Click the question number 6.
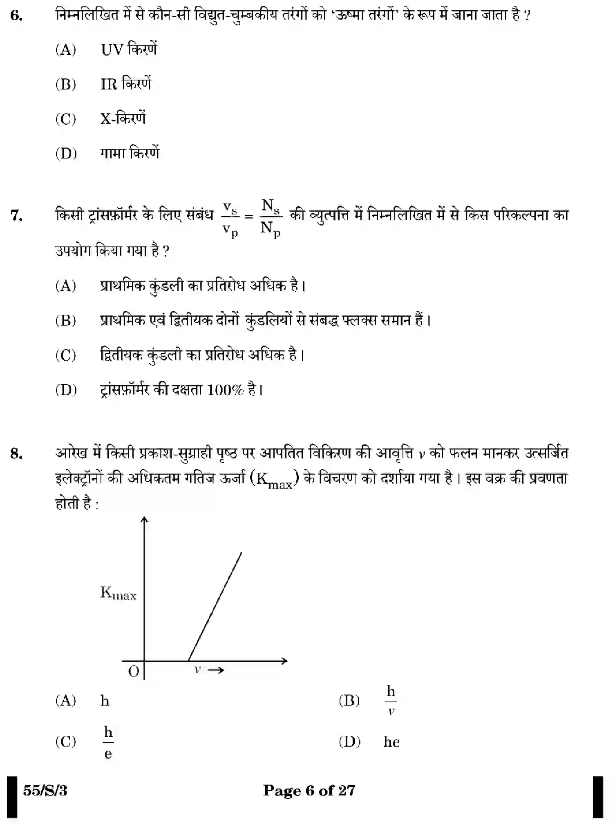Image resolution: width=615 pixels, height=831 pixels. point(16,16)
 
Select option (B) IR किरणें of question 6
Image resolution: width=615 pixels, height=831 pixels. point(125,84)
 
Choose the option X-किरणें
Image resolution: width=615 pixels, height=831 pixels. point(123,119)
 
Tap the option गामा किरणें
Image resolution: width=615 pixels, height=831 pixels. point(130,153)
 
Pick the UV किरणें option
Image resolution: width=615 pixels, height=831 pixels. point(128,49)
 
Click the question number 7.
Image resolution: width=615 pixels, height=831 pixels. point(16,215)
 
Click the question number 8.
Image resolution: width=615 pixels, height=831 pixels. point(16,453)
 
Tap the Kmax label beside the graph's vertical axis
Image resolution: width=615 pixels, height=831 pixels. point(118,593)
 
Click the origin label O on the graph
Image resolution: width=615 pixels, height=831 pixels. point(134,671)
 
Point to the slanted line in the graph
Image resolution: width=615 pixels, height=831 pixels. point(215,606)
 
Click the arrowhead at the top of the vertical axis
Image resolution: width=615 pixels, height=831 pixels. point(144,519)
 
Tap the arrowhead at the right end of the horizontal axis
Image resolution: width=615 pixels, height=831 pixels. point(284,661)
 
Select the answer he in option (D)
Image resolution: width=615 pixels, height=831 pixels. point(391,742)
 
